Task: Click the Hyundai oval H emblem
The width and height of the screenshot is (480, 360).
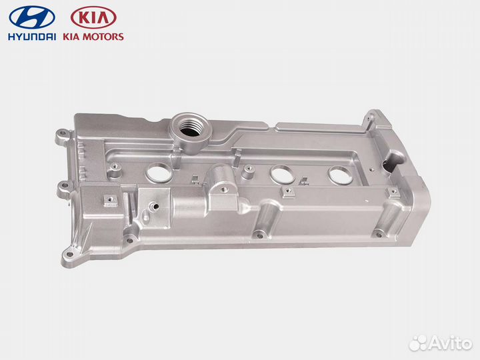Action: click(32, 17)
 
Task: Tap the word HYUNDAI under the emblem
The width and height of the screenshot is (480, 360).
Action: click(32, 37)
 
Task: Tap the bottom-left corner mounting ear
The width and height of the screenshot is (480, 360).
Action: click(69, 253)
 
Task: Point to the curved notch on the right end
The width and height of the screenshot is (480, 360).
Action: click(398, 159)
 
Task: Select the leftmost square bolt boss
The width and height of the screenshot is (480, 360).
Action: click(107, 198)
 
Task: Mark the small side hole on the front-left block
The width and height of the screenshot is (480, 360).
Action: click(155, 206)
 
